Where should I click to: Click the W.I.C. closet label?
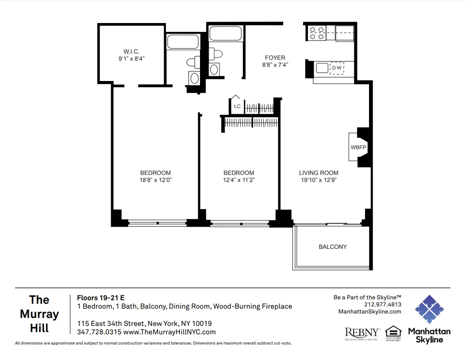[132, 51]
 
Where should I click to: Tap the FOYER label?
[275, 58]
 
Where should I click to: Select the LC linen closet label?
[237, 106]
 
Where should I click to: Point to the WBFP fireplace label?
[358, 147]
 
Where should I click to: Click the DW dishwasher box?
[337, 68]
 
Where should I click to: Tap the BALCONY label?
[333, 247]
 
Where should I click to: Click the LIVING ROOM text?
[319, 173]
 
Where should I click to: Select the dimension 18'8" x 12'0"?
[155, 180]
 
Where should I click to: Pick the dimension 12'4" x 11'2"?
[238, 180]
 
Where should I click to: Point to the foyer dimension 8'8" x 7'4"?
[275, 65]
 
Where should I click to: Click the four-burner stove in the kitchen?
[316, 33]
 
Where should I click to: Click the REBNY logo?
[362, 333]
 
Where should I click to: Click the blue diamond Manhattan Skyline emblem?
[429, 309]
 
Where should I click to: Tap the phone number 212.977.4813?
[383, 305]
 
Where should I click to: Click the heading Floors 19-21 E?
[101, 298]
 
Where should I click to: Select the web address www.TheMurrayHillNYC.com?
[169, 332]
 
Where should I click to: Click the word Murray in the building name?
[39, 314]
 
